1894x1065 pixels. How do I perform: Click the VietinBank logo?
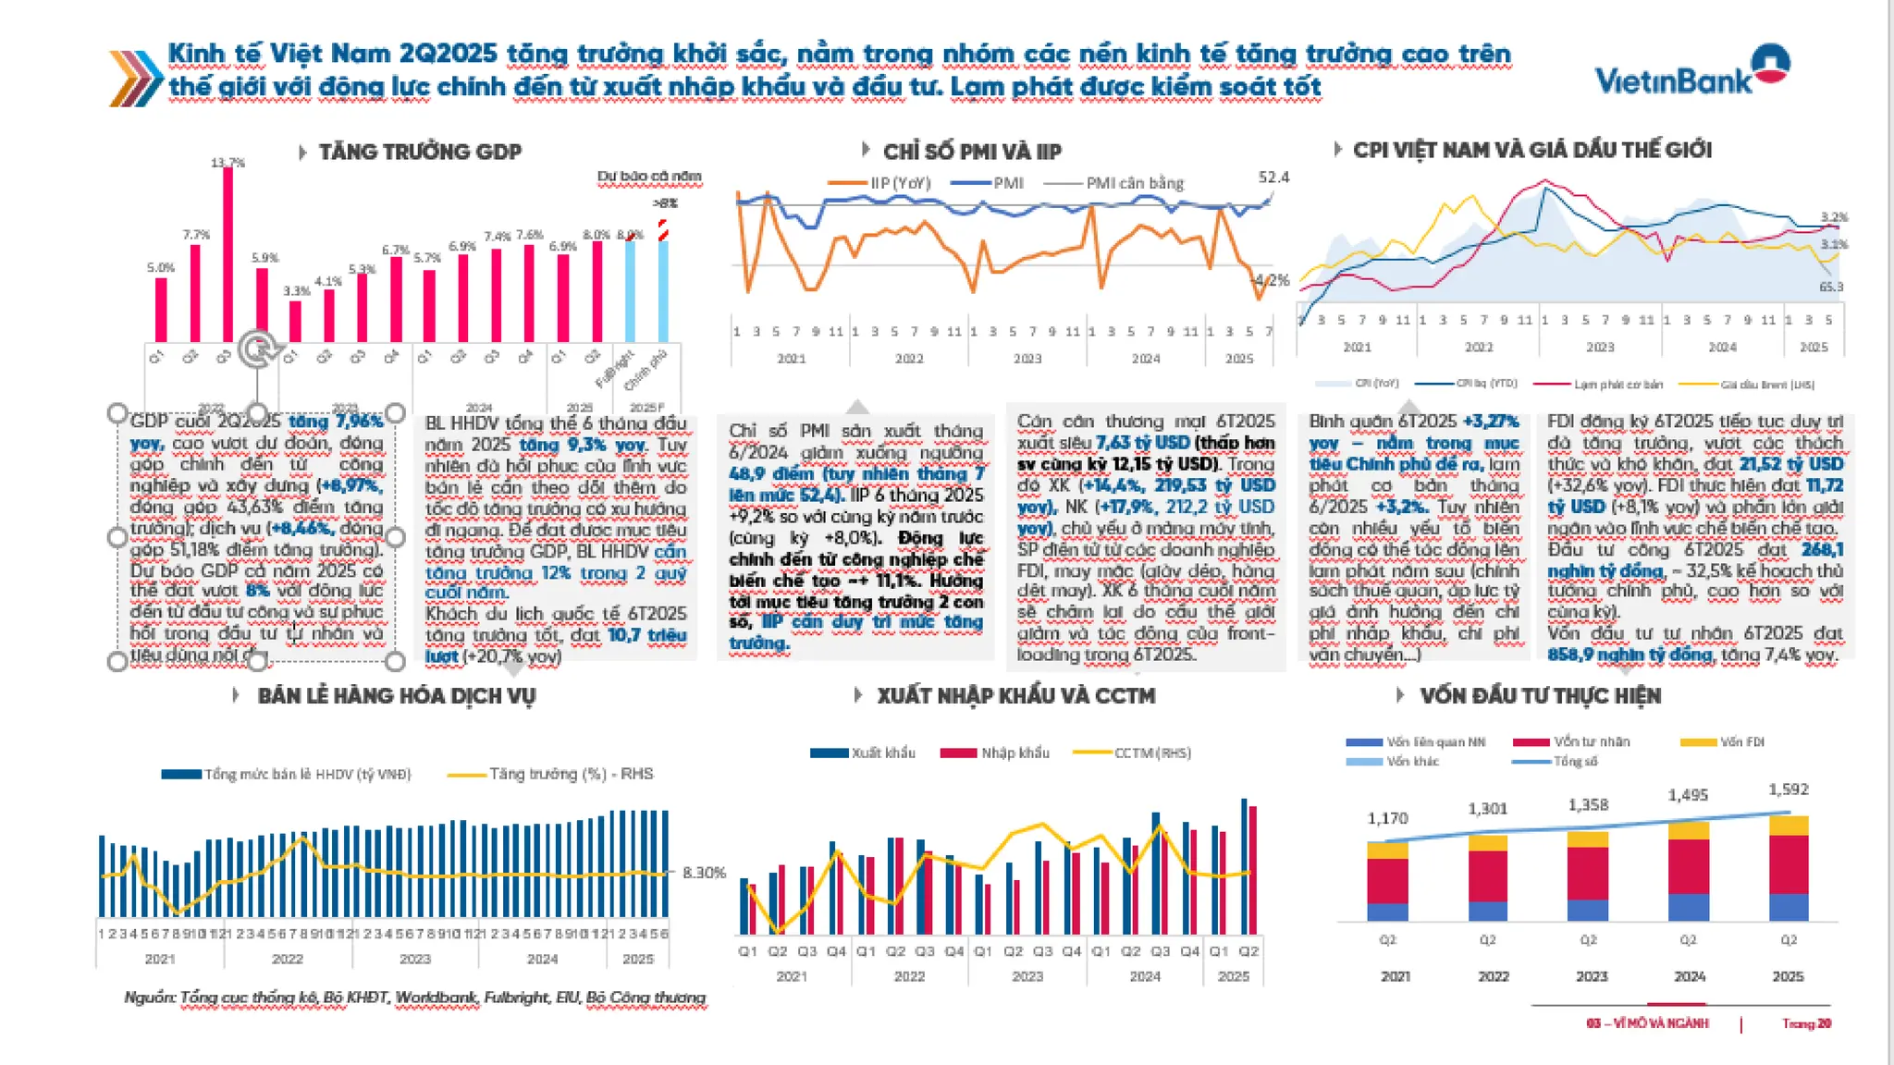tap(1691, 74)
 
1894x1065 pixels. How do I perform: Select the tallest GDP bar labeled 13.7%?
tap(228, 254)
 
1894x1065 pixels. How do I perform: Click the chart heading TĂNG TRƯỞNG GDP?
tap(420, 152)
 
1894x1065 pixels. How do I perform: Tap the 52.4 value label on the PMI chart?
tap(1273, 177)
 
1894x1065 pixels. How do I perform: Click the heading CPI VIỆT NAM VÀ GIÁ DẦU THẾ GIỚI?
tap(1531, 150)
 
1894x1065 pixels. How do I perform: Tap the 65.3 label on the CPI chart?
tap(1830, 287)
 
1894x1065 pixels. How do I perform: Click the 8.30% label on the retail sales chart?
tap(704, 872)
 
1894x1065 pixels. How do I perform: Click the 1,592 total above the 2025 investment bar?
tap(1788, 790)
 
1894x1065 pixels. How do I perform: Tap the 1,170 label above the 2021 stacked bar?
tap(1387, 818)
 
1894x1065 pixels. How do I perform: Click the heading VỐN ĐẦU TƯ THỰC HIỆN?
tap(1540, 695)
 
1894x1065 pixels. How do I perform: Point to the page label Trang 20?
tap(1806, 1023)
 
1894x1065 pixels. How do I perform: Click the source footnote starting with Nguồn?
tap(414, 998)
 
